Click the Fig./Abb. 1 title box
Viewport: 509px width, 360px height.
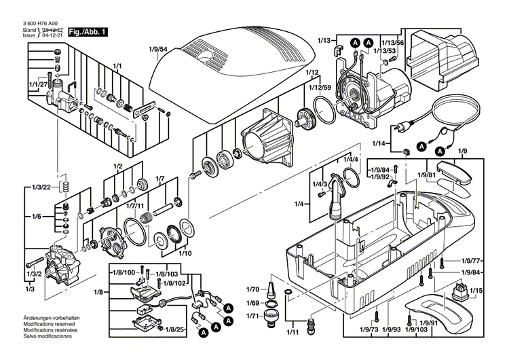[x=89, y=31]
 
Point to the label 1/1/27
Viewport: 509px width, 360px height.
[x=39, y=84]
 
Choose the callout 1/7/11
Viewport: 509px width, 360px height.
[x=134, y=204]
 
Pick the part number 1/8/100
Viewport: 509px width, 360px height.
[x=123, y=272]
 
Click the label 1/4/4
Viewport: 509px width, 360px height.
[x=351, y=159]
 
